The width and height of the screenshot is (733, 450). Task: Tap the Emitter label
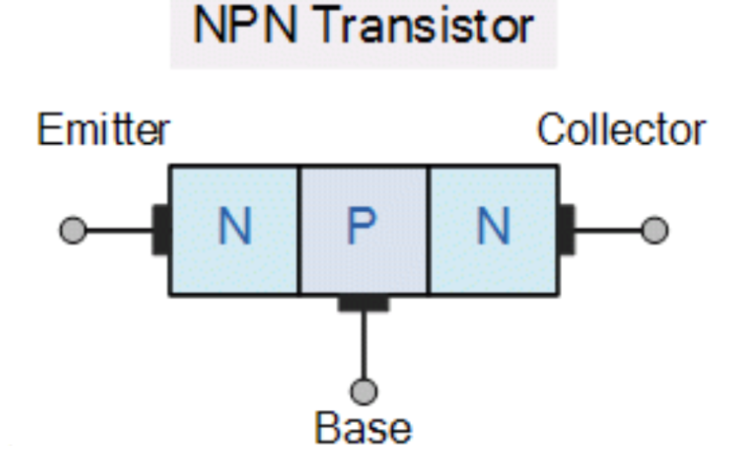tap(103, 131)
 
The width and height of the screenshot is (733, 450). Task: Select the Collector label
tap(620, 131)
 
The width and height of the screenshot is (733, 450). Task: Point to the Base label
tap(363, 429)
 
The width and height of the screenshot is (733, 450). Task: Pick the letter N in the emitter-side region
tap(234, 228)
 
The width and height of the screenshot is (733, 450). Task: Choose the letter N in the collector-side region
tap(493, 228)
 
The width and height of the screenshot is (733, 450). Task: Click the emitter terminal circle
tap(73, 230)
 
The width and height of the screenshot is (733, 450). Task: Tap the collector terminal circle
tap(654, 230)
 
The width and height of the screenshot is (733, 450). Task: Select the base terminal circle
tap(364, 390)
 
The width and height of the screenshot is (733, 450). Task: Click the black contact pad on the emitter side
tap(161, 230)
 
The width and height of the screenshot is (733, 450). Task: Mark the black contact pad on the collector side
tap(566, 230)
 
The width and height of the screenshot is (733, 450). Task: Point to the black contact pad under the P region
tap(364, 303)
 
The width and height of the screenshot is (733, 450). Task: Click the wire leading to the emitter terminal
tap(118, 231)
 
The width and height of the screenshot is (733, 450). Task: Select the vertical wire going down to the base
tap(364, 344)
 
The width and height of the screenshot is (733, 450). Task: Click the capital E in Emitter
tap(48, 131)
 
